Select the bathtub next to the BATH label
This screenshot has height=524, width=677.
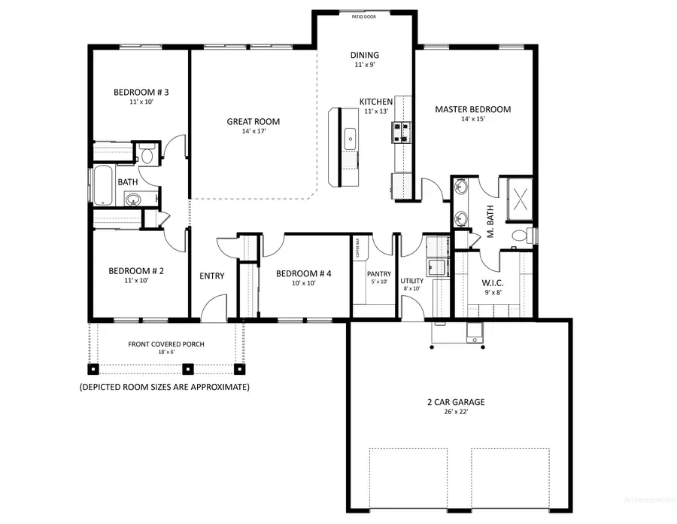pyautogui.click(x=102, y=185)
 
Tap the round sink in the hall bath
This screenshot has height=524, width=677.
pyautogui.click(x=133, y=200)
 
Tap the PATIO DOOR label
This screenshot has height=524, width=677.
pyautogui.click(x=364, y=15)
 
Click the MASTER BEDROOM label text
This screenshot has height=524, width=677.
pyautogui.click(x=472, y=109)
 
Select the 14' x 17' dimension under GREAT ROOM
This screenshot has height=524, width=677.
pyautogui.click(x=253, y=132)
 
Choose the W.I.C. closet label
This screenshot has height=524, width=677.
pyautogui.click(x=492, y=283)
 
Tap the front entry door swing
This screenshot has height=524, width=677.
pyautogui.click(x=214, y=307)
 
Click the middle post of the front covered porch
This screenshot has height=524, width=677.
pyautogui.click(x=188, y=369)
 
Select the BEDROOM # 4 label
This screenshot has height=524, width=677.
pyautogui.click(x=303, y=273)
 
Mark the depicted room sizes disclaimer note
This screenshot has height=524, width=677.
pyautogui.click(x=164, y=387)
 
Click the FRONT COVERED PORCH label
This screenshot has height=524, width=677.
pyautogui.click(x=166, y=344)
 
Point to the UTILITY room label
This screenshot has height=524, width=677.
pyautogui.click(x=412, y=281)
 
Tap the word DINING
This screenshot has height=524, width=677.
pyautogui.click(x=364, y=55)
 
